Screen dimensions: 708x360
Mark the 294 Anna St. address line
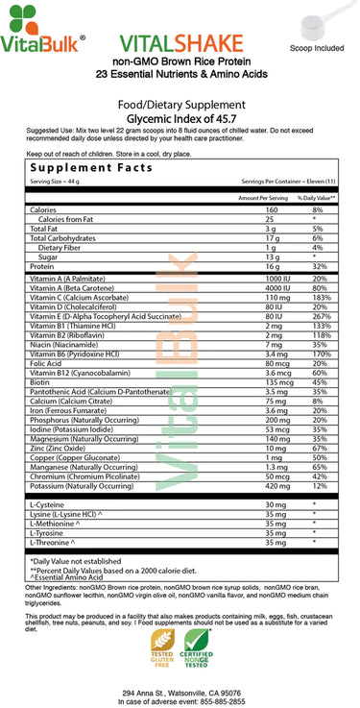(x=180, y=691)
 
